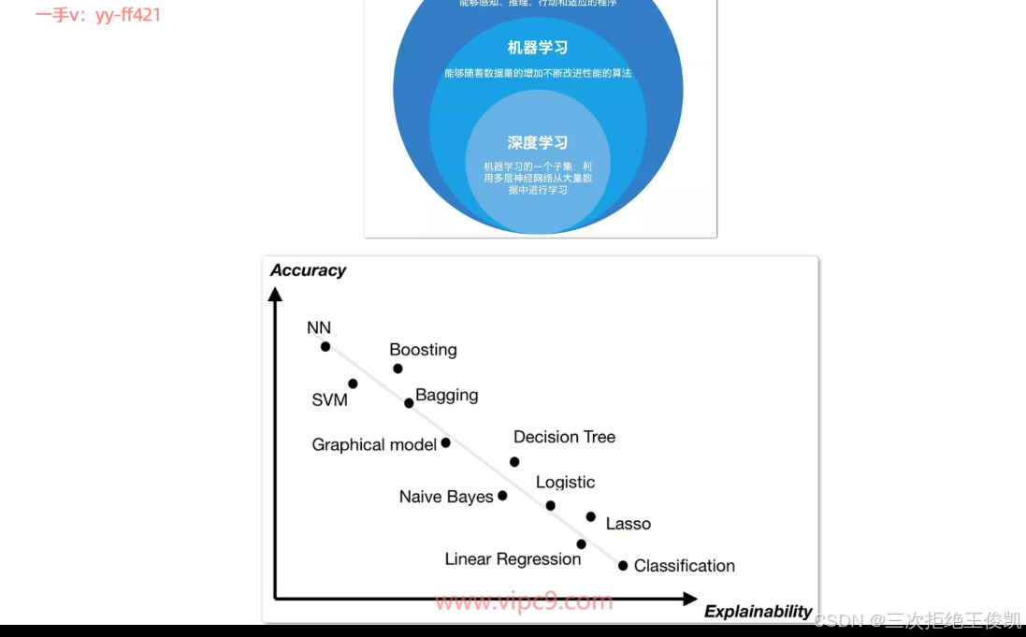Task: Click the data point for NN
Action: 325,346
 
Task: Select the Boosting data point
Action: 397,369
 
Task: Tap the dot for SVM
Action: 353,384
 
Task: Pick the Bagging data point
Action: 409,403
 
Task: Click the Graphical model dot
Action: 445,442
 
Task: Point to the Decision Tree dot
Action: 514,461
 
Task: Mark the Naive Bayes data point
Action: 502,496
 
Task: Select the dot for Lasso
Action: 590,516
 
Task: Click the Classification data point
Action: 623,565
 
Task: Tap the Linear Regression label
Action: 513,559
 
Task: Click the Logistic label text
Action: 565,483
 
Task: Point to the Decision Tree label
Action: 564,437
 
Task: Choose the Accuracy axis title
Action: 308,270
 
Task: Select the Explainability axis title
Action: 758,612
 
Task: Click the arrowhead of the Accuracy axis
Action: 275,294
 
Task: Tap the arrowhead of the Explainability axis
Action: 690,598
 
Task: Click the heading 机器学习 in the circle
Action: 538,48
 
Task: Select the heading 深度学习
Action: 538,143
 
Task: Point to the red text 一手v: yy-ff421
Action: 98,15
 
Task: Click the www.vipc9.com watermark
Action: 524,601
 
